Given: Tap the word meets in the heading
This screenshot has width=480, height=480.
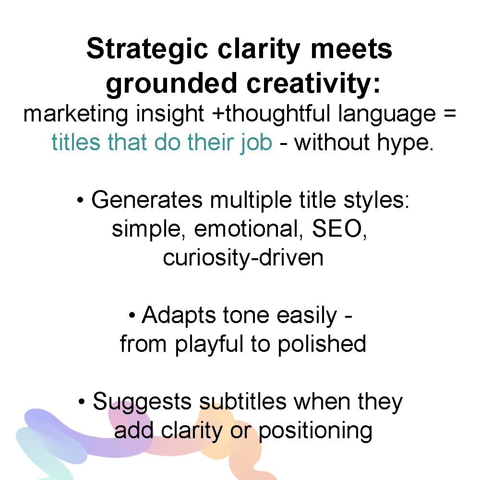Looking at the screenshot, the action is point(351,49).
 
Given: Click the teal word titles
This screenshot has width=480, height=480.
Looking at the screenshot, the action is point(76,143).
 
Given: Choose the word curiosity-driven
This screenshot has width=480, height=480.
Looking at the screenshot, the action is point(243,258).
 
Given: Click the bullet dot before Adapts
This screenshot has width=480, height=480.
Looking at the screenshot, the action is point(132,315).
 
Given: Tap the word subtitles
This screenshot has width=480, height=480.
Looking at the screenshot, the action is point(243,401).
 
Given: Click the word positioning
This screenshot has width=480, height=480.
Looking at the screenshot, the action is point(316,431).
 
